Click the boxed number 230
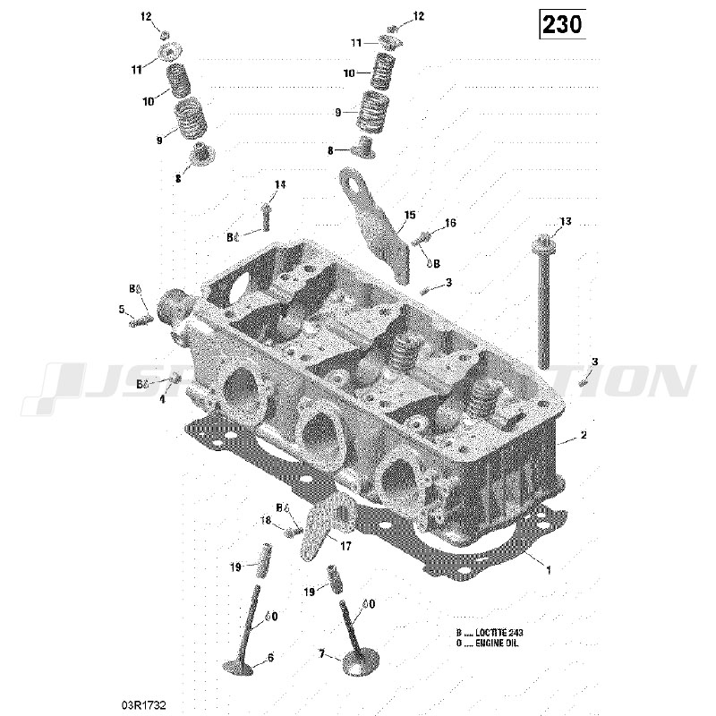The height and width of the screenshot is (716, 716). pos(562,24)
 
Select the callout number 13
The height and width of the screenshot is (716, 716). pos(565,221)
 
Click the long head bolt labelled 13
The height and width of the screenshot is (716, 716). pos(544,304)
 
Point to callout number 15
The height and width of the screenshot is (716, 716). pos(410,216)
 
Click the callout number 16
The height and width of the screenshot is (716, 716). pos(450,223)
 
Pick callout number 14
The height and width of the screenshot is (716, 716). pos(280,185)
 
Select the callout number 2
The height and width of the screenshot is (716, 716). pos(583,436)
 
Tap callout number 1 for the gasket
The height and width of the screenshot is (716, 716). pos(549,568)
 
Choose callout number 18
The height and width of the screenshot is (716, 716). pos(266,520)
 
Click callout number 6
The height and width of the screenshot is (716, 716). pos(270,658)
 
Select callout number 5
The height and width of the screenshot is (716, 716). pos(122,310)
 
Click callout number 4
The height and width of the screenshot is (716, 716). pos(162,399)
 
